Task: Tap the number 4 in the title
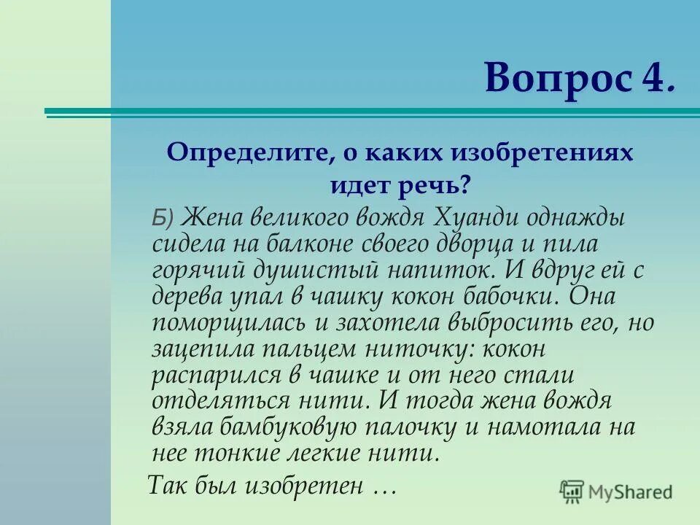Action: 653,79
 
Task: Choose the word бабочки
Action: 506,295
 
